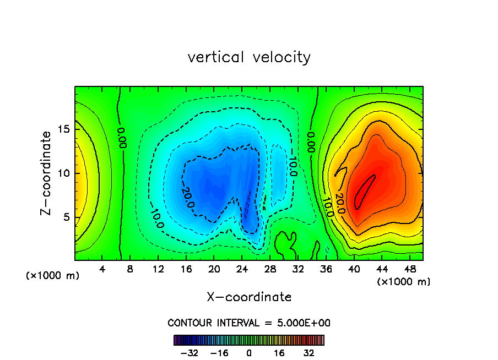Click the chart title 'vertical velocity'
point(249,57)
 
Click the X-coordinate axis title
point(249,297)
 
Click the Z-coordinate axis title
point(46,173)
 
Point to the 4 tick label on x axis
point(102,269)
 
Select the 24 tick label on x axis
point(242,269)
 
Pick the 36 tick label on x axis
point(326,269)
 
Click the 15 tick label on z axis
point(63,129)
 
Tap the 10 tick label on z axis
point(63,173)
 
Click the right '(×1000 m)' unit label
point(404,281)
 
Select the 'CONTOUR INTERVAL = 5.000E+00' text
point(249,323)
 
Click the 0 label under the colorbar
point(249,353)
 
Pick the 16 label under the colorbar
point(279,353)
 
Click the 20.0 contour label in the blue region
point(188,198)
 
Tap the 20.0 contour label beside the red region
point(340,203)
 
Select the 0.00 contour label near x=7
point(122,138)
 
